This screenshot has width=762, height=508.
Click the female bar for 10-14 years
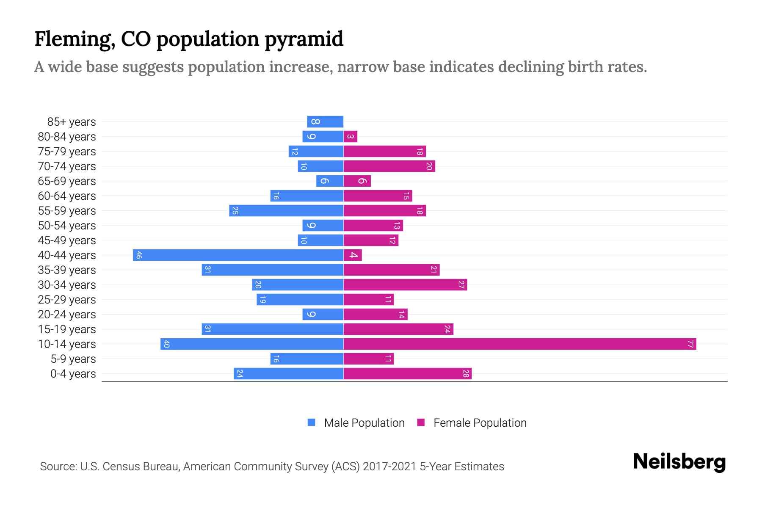coord(520,344)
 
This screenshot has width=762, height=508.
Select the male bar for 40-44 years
coord(238,255)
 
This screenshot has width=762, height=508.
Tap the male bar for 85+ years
coord(325,121)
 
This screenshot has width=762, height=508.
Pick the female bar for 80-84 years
coord(351,136)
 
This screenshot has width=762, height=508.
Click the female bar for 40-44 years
coord(353,255)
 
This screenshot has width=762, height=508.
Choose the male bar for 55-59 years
coord(286,210)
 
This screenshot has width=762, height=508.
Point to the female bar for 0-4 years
coord(407,373)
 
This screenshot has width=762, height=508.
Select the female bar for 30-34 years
coord(405,284)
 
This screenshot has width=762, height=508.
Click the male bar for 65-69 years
coord(329,181)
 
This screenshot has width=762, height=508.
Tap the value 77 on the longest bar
coord(690,344)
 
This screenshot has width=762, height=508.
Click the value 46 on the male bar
coord(138,255)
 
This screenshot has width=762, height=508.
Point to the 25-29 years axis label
coord(67,300)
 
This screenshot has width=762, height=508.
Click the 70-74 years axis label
coord(67,166)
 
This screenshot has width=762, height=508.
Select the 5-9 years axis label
coord(73,359)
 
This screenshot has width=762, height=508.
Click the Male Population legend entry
coord(364,422)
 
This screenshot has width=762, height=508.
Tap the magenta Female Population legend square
coord(421,422)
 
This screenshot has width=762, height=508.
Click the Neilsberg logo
coord(679,462)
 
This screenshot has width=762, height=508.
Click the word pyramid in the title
coord(304,39)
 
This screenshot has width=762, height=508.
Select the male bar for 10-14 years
coord(252,344)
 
